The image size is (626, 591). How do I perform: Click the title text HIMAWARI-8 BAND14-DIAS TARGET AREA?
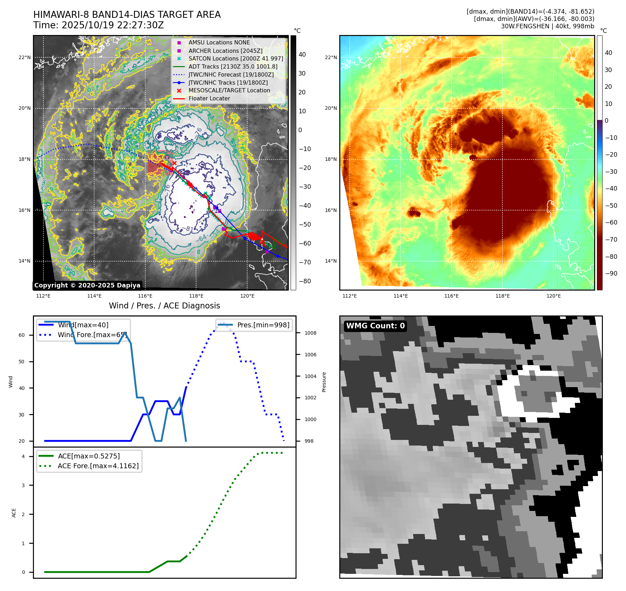point(127,15)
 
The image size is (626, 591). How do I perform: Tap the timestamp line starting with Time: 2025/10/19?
point(98,25)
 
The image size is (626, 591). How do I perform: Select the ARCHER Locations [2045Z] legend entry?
point(225,51)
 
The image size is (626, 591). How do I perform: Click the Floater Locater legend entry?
point(209,99)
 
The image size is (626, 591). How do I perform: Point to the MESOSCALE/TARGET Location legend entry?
point(229,91)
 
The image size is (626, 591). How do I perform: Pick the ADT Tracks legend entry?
point(232,66)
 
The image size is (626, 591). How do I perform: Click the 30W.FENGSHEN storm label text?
point(547,26)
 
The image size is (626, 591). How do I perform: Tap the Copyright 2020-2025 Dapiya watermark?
point(87,285)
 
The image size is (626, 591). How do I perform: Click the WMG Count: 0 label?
point(375,326)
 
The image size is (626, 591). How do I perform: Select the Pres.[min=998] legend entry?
point(263,325)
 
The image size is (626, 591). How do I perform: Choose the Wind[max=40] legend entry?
point(83,325)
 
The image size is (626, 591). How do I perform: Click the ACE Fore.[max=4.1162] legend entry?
point(98,466)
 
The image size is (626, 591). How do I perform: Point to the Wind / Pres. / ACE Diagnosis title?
point(165,306)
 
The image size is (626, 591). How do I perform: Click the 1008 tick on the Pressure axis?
point(310,333)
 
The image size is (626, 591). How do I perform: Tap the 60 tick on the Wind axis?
point(22,335)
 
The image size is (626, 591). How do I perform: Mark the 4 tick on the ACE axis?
point(23,456)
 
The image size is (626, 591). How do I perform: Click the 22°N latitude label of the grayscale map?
point(25,58)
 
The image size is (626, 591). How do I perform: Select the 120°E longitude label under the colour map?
point(554,296)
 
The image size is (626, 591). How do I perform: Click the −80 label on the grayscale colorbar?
point(305,281)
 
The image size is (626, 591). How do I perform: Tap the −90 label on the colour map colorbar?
point(611,273)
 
